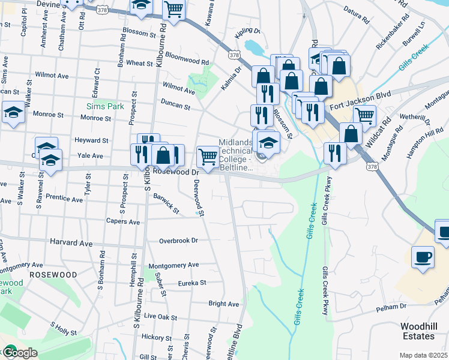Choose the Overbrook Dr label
178,241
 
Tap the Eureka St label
191,283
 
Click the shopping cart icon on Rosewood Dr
208,157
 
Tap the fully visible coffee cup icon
422,257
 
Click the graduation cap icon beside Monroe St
13,112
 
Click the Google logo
19,353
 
